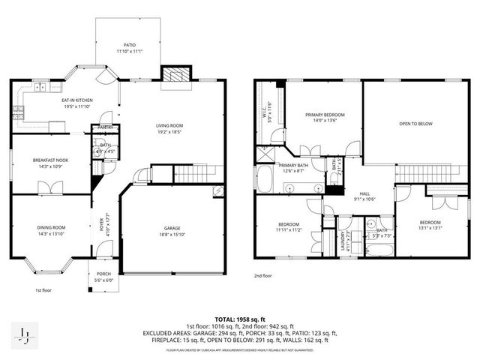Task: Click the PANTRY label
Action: pos(106,128)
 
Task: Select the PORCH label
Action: pos(103,274)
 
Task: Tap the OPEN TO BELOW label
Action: pos(415,124)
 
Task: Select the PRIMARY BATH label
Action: pos(293,165)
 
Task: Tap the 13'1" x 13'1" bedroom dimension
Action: pos(430,229)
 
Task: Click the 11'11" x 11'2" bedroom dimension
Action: pos(289,230)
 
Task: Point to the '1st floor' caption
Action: pos(43,290)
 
